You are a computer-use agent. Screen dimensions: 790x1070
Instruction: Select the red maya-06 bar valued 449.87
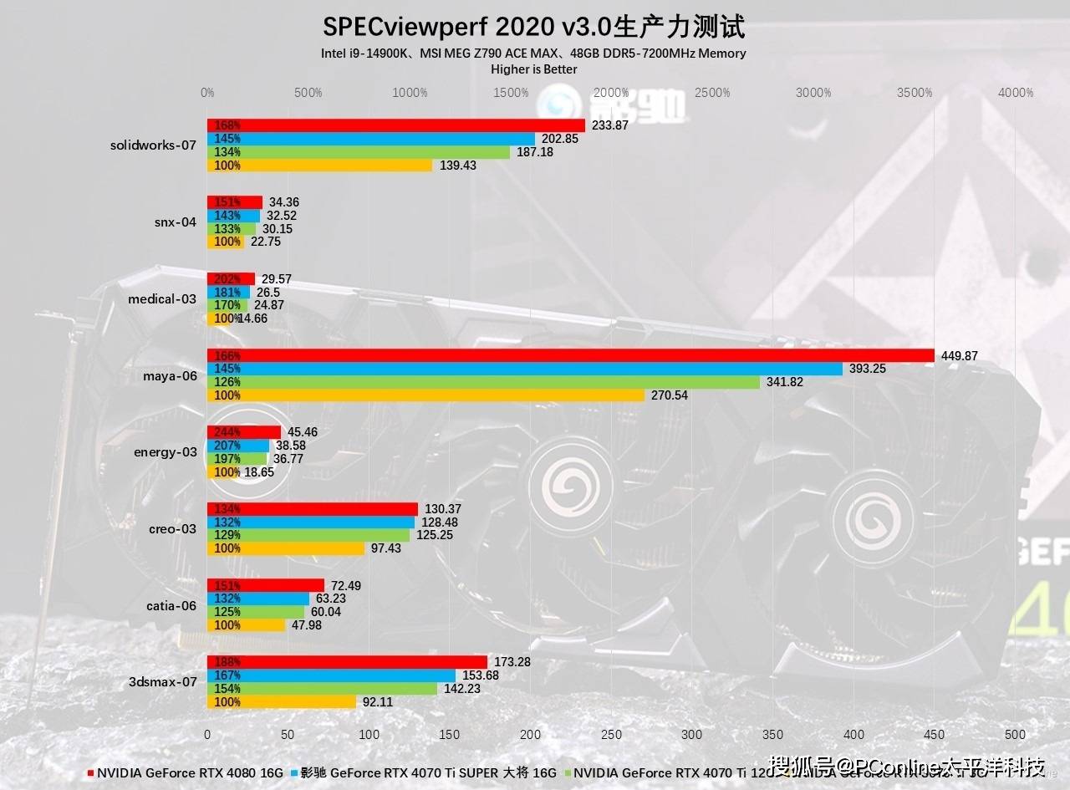pos(570,355)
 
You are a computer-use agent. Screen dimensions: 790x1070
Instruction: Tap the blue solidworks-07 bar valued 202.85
pos(371,139)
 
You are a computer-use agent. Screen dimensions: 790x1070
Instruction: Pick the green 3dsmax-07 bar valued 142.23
pos(322,689)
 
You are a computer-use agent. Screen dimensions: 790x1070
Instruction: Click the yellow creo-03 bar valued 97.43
pos(286,548)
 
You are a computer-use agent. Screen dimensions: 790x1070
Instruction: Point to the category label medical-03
pos(162,298)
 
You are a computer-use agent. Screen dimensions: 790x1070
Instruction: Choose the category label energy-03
pos(166,452)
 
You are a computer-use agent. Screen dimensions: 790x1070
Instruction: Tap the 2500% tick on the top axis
pos(712,93)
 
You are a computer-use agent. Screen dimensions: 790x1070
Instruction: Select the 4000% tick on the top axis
pos(1016,93)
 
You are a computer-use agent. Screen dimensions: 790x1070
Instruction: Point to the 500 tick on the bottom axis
pos(1015,734)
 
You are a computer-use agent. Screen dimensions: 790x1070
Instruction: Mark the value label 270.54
pos(669,395)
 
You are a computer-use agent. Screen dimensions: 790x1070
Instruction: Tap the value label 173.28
pos(512,662)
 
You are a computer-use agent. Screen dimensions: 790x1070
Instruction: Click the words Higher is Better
pos(533,69)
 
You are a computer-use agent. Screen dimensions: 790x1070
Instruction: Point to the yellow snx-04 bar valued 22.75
pos(225,242)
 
